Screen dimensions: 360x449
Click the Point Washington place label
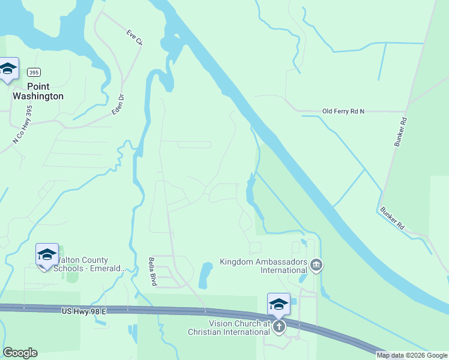(38, 91)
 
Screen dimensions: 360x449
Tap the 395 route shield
(34, 73)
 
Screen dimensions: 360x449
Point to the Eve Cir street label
(135, 37)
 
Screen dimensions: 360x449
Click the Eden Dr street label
(118, 104)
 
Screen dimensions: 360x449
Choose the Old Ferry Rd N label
(343, 111)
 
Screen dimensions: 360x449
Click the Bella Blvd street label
(152, 271)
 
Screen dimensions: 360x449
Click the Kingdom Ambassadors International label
(264, 266)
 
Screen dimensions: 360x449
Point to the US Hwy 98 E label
(84, 311)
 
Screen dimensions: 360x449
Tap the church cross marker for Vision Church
(279, 326)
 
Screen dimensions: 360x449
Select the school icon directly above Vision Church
(279, 304)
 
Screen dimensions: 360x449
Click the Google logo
(20, 353)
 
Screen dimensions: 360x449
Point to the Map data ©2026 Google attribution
(412, 355)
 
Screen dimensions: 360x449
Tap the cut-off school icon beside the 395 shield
(8, 70)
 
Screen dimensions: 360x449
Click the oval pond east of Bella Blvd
(206, 275)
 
